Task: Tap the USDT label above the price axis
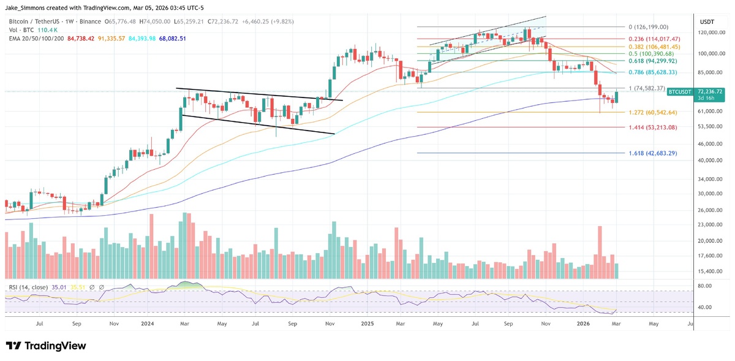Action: coord(707,22)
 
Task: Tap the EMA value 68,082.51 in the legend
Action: coord(170,38)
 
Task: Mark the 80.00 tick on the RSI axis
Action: coord(704,286)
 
